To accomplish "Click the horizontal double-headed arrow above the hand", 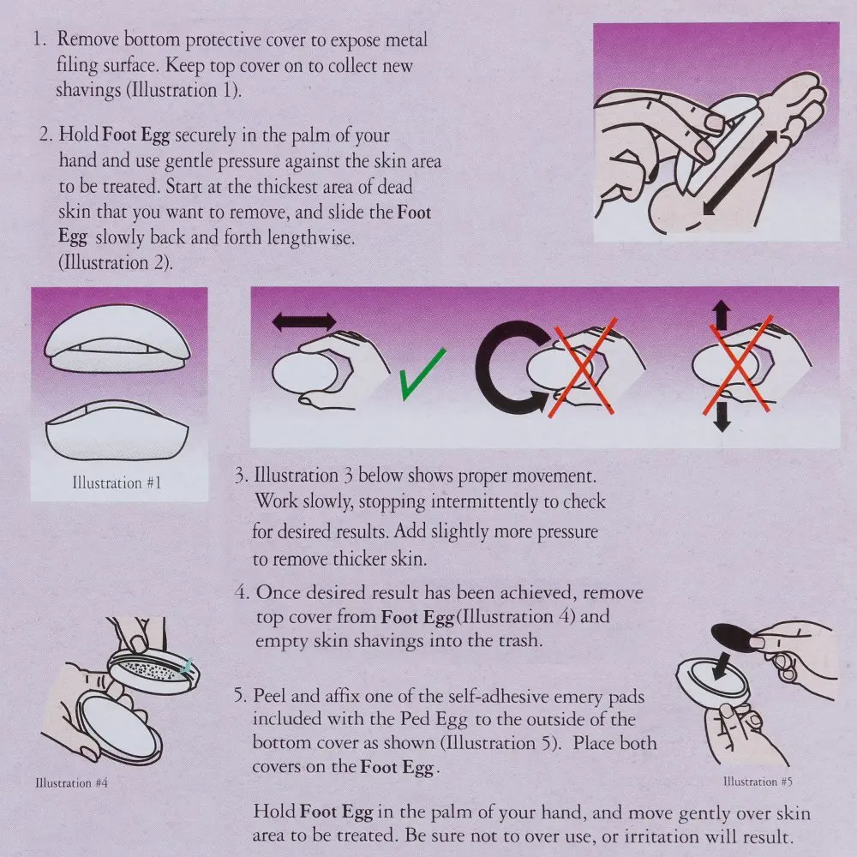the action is pyautogui.click(x=304, y=321).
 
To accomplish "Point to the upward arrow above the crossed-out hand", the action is pyautogui.click(x=722, y=315).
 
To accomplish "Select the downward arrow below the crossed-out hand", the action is pyautogui.click(x=722, y=417).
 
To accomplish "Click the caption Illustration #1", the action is pyautogui.click(x=117, y=482).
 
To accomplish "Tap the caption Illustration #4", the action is pyautogui.click(x=72, y=782).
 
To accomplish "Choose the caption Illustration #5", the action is pyautogui.click(x=758, y=782).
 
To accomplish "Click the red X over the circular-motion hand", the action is pyautogui.click(x=583, y=366).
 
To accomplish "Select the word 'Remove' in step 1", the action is pyautogui.click(x=88, y=39).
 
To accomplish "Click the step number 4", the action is pyautogui.click(x=241, y=592).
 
